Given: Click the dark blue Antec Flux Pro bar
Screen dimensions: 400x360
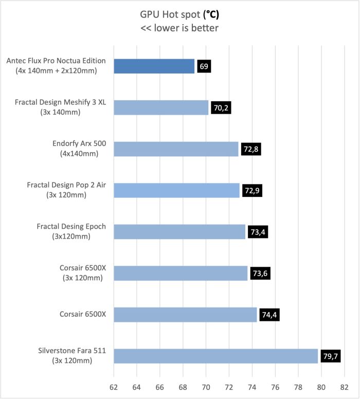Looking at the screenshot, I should (154, 66).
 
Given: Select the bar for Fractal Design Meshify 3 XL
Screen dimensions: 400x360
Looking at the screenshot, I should (161, 107).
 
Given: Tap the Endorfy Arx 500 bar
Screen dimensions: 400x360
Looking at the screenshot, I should (176, 149).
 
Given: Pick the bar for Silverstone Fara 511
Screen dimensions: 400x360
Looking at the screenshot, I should (215, 356).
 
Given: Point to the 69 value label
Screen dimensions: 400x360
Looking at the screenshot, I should (204, 66).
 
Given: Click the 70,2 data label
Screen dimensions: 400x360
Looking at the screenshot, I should (221, 108).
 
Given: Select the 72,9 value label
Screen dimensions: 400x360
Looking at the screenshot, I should (251, 191).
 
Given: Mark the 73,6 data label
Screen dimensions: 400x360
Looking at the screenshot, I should (260, 274).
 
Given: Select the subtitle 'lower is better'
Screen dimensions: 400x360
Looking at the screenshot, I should (179, 28).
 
